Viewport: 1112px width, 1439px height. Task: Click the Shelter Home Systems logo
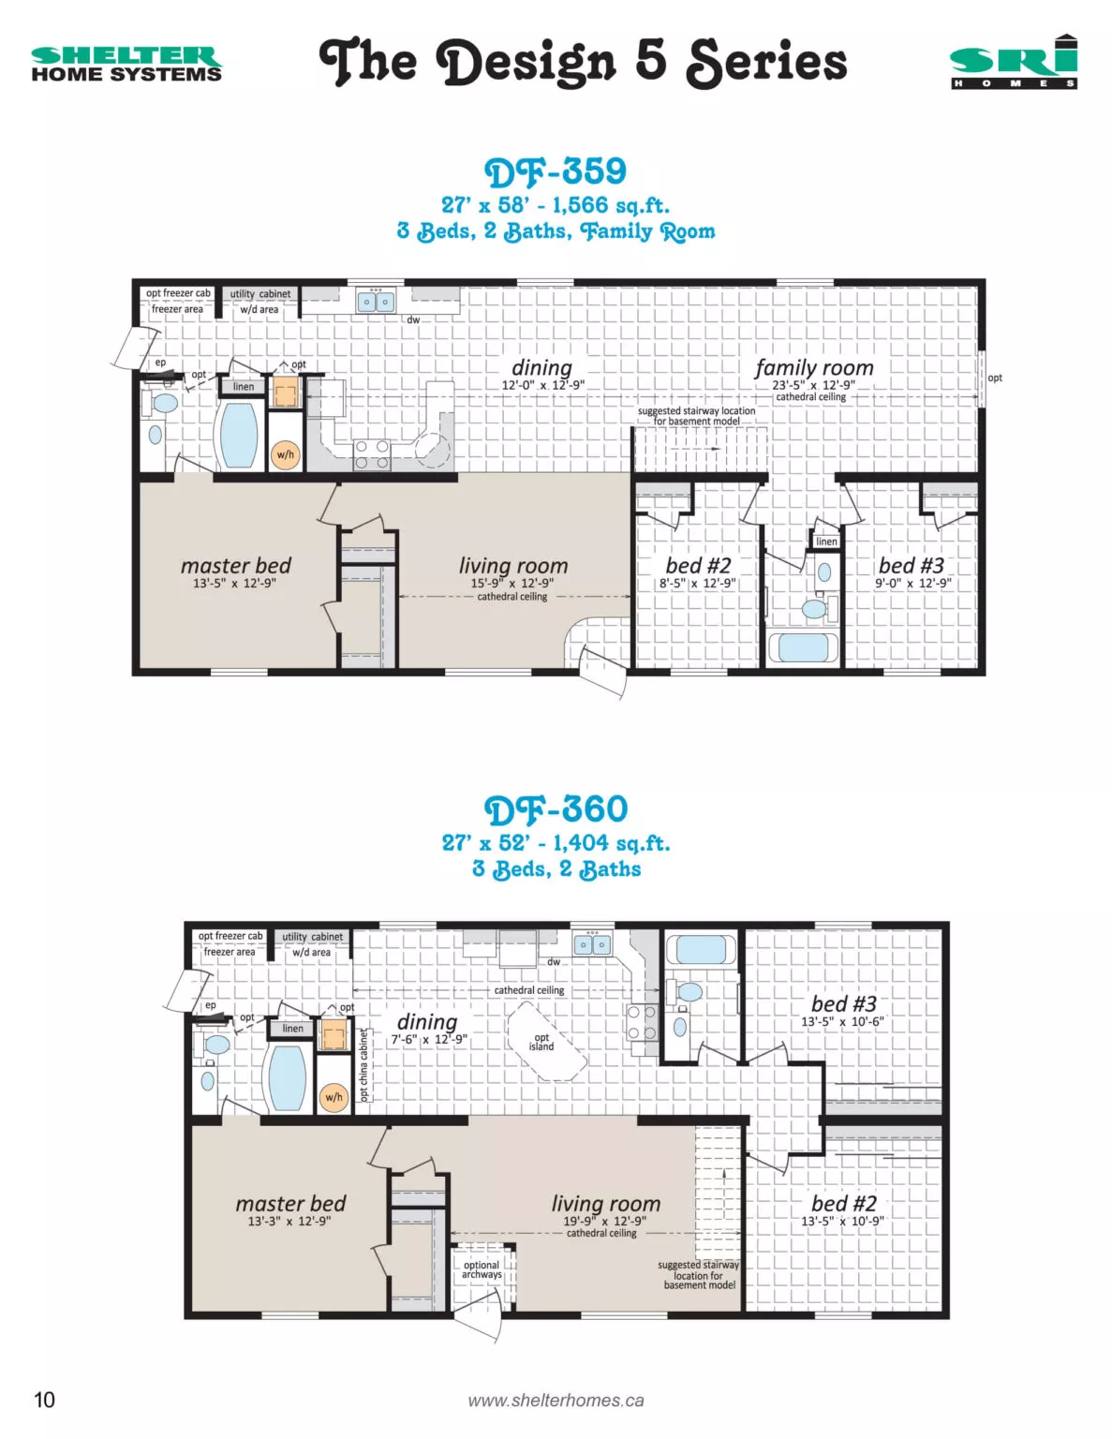126,64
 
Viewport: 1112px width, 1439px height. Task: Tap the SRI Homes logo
1014,62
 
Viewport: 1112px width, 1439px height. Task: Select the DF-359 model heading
556,171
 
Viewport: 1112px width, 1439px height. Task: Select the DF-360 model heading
556,809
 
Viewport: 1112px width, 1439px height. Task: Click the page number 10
44,1400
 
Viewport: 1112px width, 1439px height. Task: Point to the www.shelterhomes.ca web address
556,1400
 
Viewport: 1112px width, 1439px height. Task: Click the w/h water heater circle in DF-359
286,455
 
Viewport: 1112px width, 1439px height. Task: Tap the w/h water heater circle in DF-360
334,1097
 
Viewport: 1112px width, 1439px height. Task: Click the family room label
814,367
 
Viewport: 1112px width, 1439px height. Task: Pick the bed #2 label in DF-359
698,566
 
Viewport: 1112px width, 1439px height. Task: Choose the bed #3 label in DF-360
843,1003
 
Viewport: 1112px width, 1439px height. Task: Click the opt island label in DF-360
541,1043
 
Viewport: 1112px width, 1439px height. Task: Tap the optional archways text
482,1269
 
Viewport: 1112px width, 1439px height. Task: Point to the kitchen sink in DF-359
376,302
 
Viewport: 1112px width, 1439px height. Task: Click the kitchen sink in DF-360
592,943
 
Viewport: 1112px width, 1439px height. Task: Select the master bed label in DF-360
290,1203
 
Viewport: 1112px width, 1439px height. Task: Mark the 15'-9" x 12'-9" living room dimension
512,583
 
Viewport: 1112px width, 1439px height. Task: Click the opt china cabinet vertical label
363,1065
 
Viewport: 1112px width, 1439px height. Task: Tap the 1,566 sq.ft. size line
556,204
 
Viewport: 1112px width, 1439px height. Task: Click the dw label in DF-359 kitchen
413,319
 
